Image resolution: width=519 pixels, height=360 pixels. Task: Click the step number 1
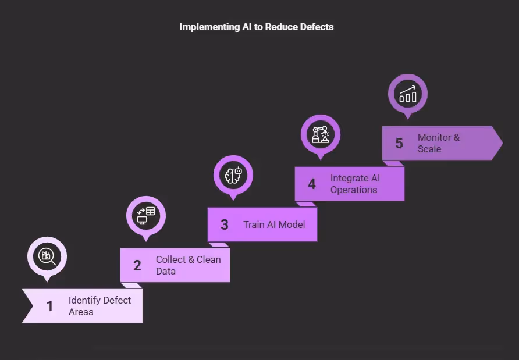[x=50, y=306]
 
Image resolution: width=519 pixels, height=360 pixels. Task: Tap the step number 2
[x=137, y=265]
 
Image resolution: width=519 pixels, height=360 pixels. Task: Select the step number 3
[x=225, y=224]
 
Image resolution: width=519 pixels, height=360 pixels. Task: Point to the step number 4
[x=312, y=184]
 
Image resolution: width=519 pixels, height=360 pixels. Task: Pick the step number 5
[x=399, y=143]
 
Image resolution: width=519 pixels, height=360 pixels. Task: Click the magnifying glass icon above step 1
[x=47, y=256]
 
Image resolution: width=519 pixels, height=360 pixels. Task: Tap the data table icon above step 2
[x=146, y=215]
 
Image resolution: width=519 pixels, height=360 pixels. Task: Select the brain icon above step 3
[x=233, y=174]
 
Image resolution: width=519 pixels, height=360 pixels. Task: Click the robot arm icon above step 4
[x=321, y=134]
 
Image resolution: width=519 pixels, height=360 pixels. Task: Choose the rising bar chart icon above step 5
[x=408, y=93]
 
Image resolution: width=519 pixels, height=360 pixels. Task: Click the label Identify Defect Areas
[x=99, y=306]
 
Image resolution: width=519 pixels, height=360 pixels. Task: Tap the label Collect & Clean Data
[x=188, y=265]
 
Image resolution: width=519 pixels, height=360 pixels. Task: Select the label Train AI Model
[x=274, y=224]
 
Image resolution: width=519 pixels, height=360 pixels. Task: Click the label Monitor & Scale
[x=438, y=143]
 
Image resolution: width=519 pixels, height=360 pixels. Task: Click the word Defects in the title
[x=317, y=27]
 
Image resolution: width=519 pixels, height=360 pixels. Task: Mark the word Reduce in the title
[x=282, y=27]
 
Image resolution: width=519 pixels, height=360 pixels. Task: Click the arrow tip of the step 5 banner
[x=500, y=143]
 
